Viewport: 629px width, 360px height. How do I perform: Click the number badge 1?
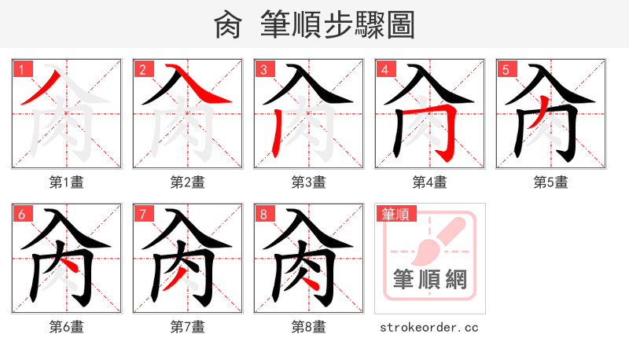click(21, 70)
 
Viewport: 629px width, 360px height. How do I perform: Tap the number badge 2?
click(142, 70)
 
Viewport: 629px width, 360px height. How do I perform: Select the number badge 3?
click(263, 70)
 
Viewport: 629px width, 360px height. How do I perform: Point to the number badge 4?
click(384, 70)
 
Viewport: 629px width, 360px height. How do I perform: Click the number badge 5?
click(506, 70)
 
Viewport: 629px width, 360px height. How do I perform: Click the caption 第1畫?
click(67, 182)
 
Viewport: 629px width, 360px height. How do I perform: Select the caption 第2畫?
click(188, 182)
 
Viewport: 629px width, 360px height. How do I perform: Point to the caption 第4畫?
click(430, 182)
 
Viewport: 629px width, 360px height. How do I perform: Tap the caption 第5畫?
click(551, 182)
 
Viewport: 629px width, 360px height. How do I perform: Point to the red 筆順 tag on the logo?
click(395, 213)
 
